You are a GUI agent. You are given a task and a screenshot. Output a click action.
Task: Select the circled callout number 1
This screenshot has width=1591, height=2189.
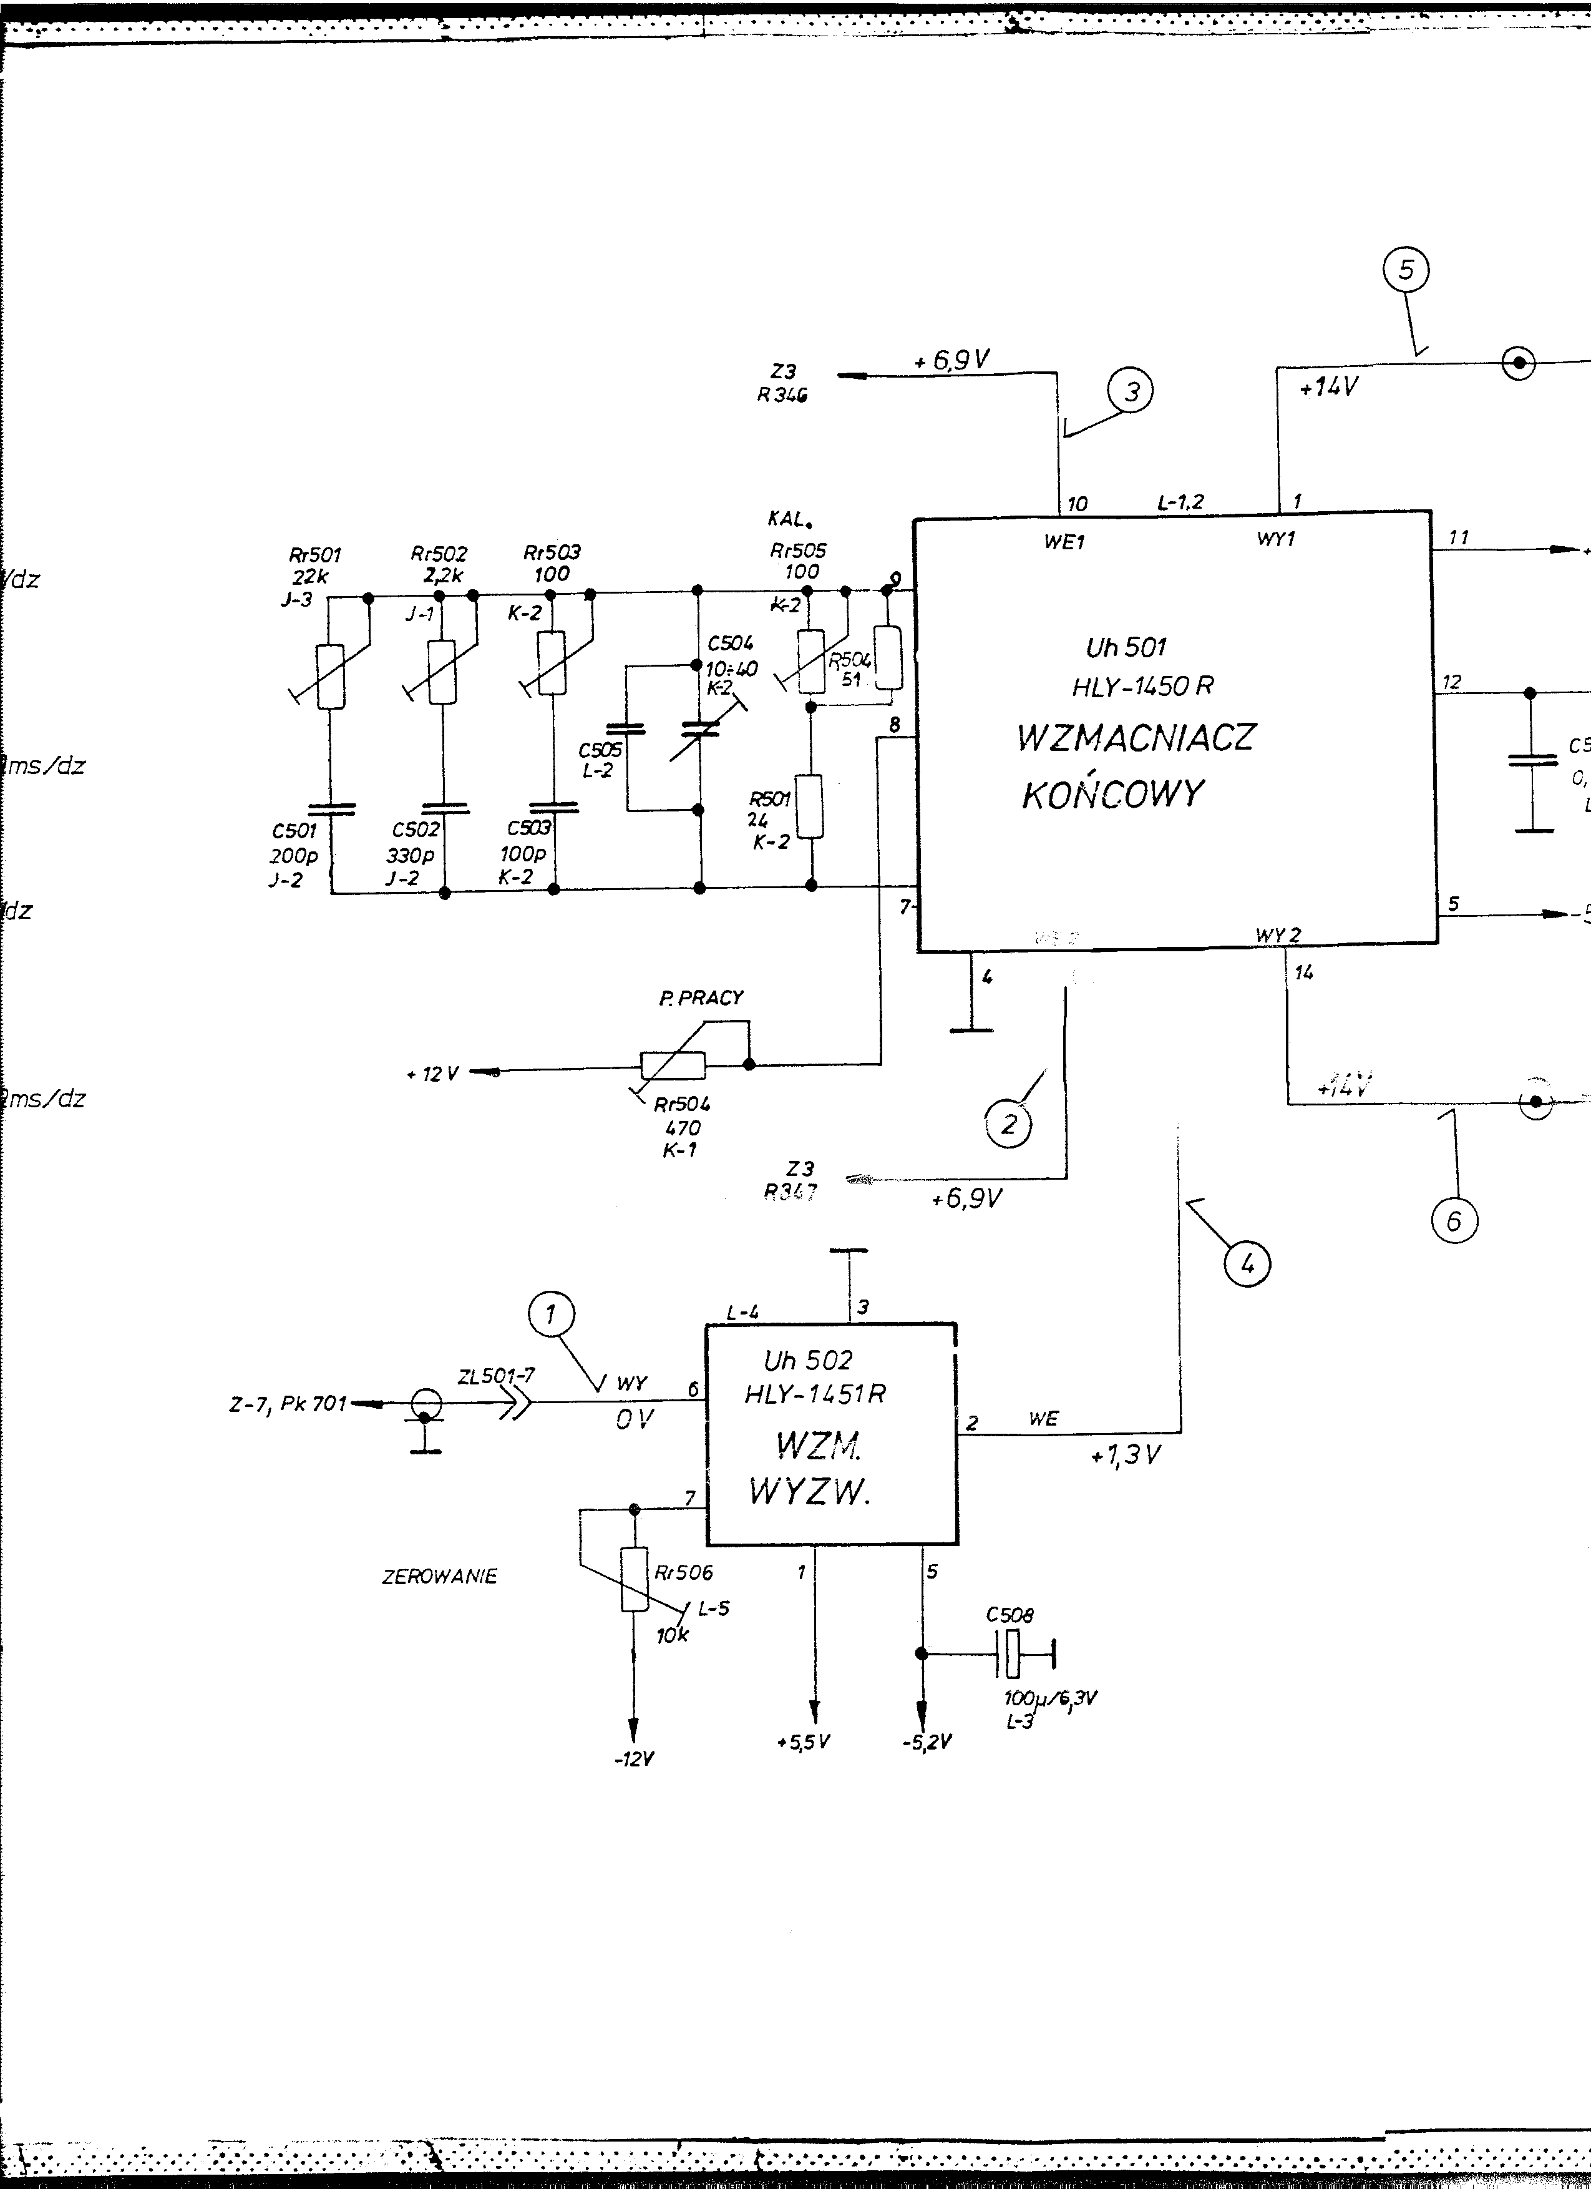(x=551, y=1314)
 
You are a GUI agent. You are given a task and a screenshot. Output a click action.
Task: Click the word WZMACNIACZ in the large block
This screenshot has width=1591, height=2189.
(x=1136, y=737)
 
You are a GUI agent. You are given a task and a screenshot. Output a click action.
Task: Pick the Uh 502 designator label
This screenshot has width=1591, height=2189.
(x=807, y=1361)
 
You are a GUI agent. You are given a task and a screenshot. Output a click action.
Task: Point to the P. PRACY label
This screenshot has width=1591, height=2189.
(x=701, y=998)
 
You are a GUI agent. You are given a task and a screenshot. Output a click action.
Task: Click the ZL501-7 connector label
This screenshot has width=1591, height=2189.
(x=496, y=1378)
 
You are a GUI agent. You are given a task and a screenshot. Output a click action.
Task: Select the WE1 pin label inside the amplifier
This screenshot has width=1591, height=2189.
(x=1064, y=542)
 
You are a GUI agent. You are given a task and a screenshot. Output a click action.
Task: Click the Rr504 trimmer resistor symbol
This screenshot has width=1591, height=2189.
(x=673, y=1065)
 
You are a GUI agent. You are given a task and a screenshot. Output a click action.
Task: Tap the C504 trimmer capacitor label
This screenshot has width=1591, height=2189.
(x=731, y=644)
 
